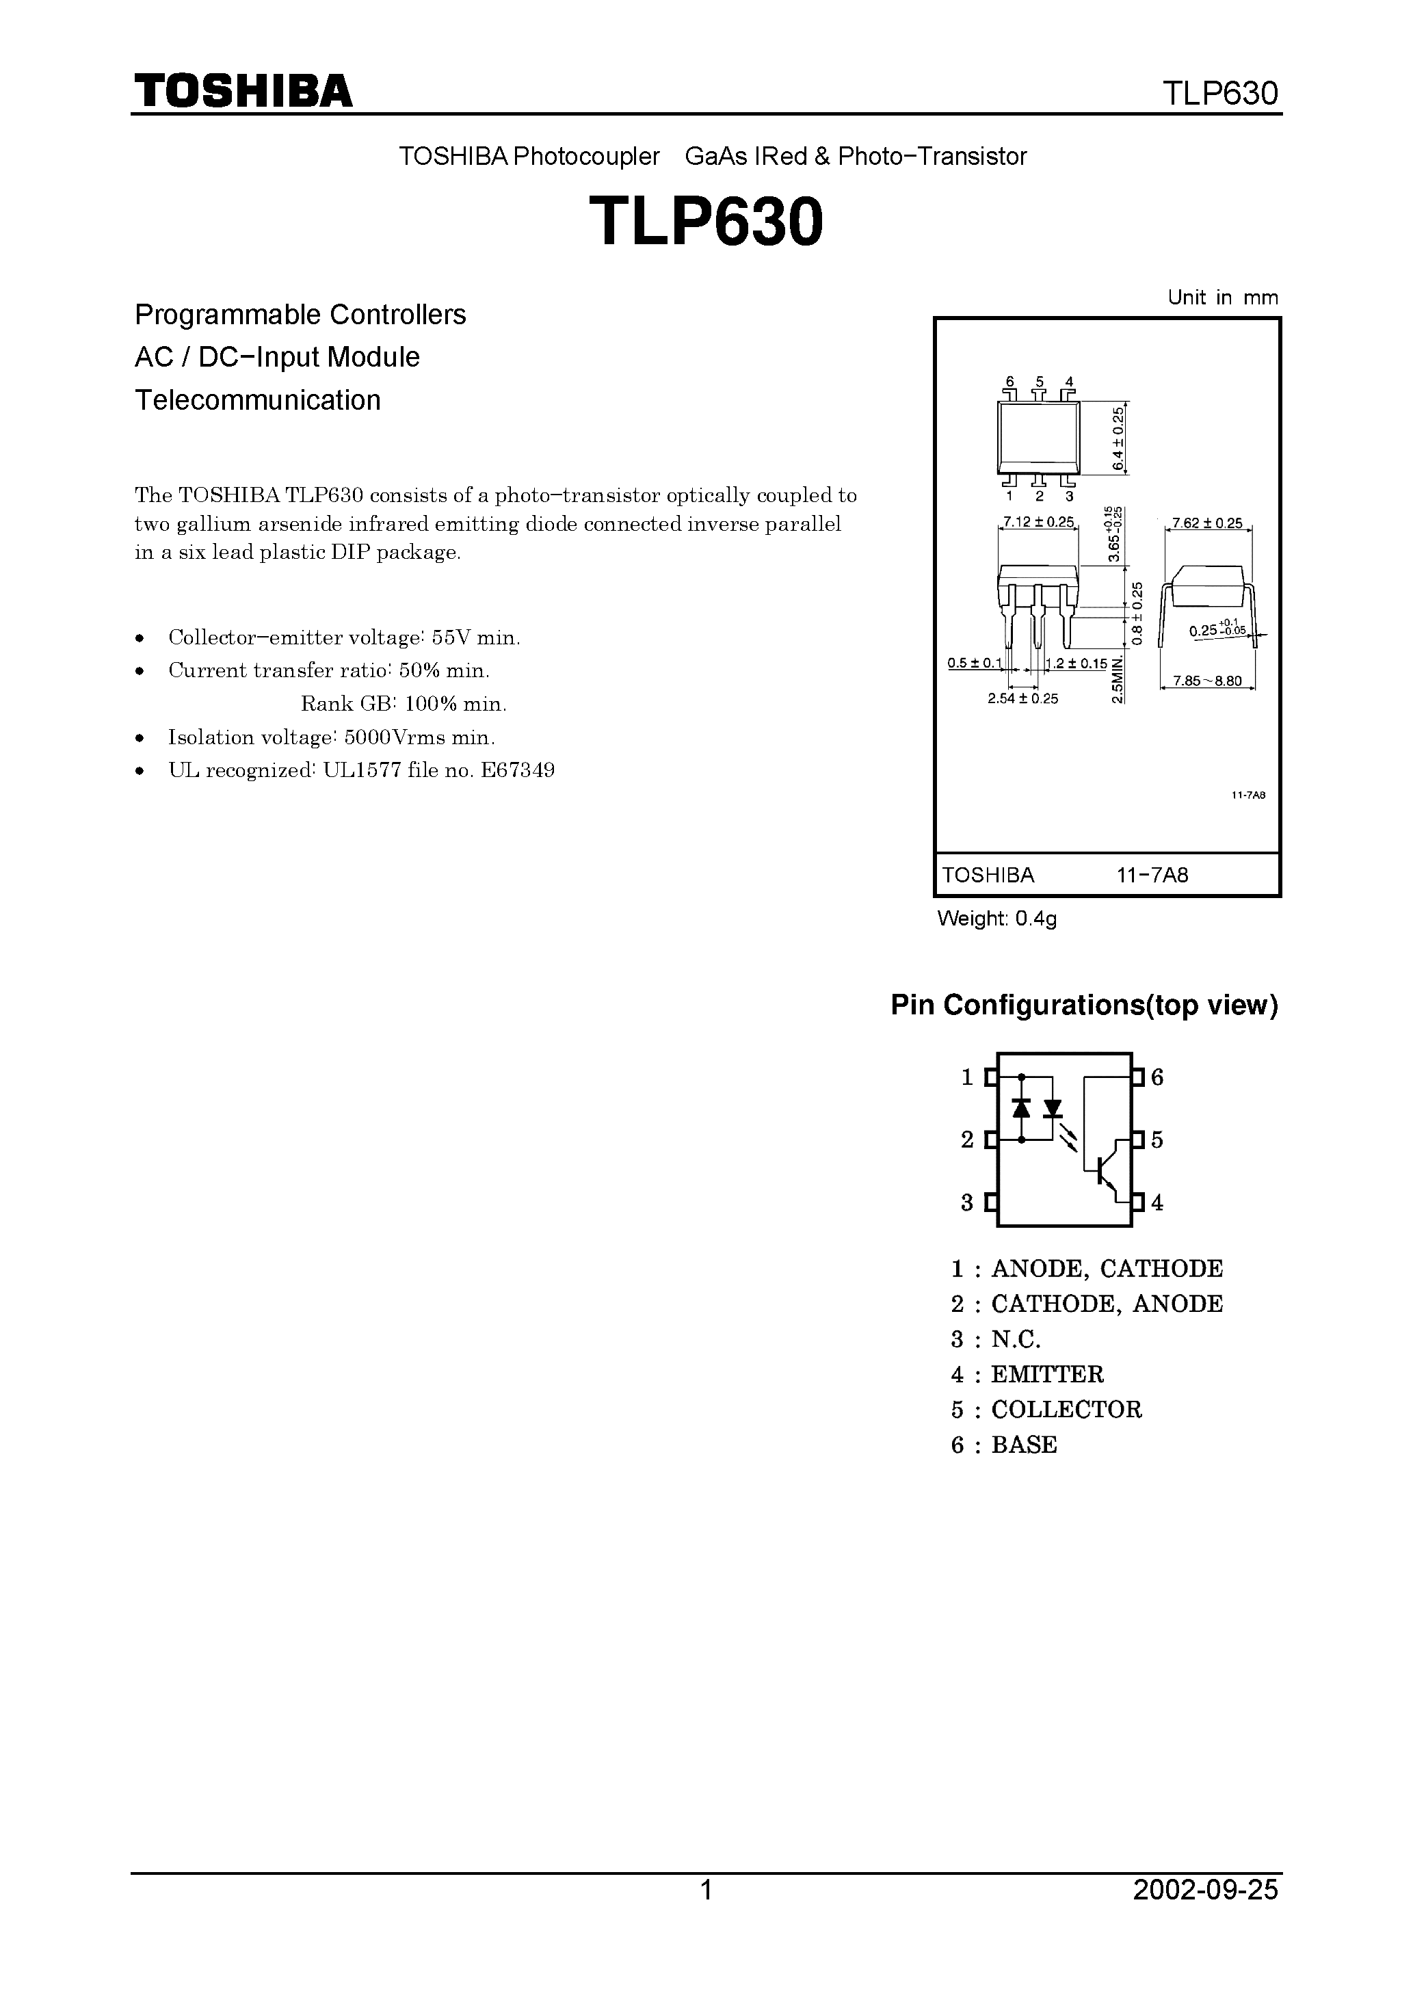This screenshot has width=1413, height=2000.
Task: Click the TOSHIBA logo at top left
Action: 243,92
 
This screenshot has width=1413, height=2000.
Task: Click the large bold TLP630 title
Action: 706,222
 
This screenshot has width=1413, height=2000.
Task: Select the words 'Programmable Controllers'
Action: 300,315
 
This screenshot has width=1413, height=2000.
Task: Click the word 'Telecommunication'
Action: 258,400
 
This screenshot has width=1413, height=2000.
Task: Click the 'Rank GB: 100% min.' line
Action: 404,704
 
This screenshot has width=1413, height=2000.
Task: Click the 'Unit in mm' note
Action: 1222,298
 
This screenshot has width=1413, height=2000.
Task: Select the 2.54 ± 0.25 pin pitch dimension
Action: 1022,698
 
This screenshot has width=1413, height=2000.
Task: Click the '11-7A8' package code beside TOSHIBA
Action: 1152,876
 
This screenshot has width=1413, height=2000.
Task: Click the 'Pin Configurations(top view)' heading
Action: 1084,1005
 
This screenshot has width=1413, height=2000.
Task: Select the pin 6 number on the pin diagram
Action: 1157,1077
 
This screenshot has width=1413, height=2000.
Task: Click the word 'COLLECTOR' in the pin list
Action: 1066,1410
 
